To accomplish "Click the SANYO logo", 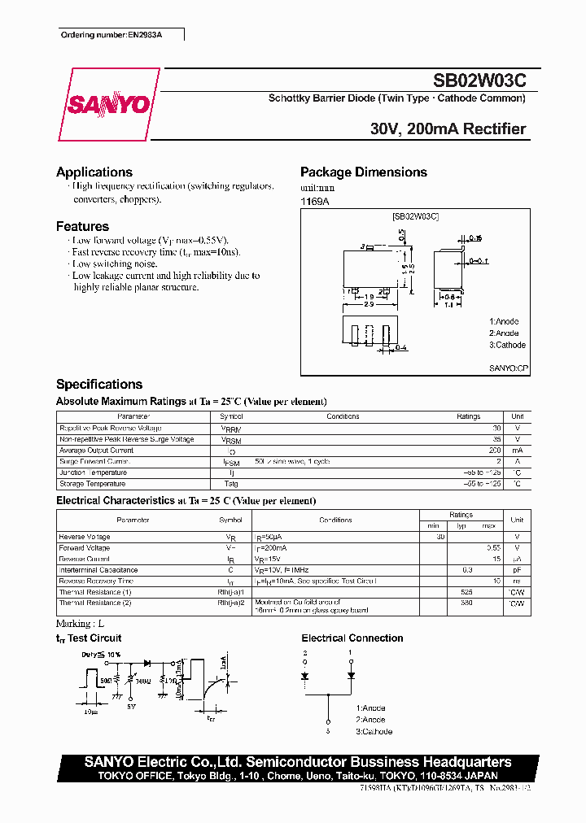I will [x=108, y=105].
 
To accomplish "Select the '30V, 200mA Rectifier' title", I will [x=448, y=128].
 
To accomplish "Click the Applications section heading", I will [x=94, y=172].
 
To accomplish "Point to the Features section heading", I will [x=82, y=227].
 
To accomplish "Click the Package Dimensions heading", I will [x=363, y=172].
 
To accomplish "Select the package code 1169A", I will [x=315, y=200].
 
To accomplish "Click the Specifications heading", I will [x=99, y=385].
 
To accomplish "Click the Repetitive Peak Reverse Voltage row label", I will [x=111, y=428].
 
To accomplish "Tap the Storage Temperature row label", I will [x=93, y=484].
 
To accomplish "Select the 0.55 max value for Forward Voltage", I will [x=490, y=548].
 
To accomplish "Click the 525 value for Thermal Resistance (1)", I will [x=467, y=592].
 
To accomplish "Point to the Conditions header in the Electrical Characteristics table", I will [x=335, y=520].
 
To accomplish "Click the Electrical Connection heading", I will [x=352, y=638].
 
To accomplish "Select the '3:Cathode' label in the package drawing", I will [x=508, y=345].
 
